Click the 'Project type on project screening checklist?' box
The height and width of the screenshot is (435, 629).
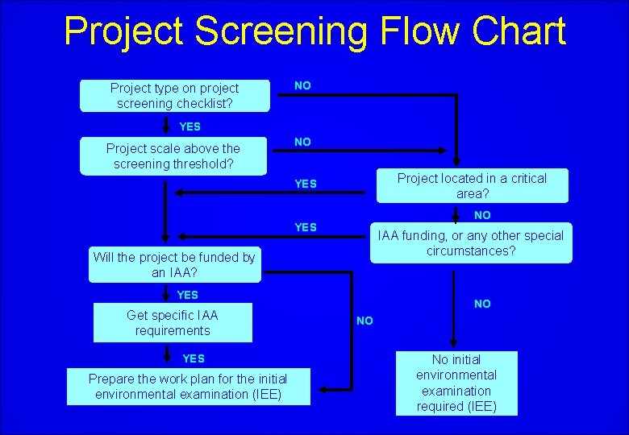point(174,96)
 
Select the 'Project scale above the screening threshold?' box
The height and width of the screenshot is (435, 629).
point(173,156)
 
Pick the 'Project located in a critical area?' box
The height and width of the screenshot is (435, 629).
point(472,186)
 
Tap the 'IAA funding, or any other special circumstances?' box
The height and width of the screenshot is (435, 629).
point(471,243)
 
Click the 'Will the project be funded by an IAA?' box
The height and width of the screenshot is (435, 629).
point(174,265)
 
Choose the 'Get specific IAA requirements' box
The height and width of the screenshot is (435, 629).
point(173,323)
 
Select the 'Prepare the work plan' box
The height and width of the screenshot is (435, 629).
point(188,387)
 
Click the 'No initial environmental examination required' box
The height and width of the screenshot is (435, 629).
point(456,383)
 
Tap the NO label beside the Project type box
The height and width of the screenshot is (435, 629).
point(302,85)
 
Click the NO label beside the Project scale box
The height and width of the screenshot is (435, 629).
point(302,142)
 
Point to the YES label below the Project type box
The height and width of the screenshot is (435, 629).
point(190,126)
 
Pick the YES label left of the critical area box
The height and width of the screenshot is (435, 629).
point(306,184)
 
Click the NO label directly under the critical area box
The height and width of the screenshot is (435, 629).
point(482,215)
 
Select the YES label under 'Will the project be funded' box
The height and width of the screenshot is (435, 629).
point(188,295)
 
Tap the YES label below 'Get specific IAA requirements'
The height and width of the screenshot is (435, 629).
point(194,358)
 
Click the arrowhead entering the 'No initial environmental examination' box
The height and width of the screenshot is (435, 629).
point(456,346)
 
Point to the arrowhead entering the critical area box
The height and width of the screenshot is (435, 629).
point(456,163)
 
